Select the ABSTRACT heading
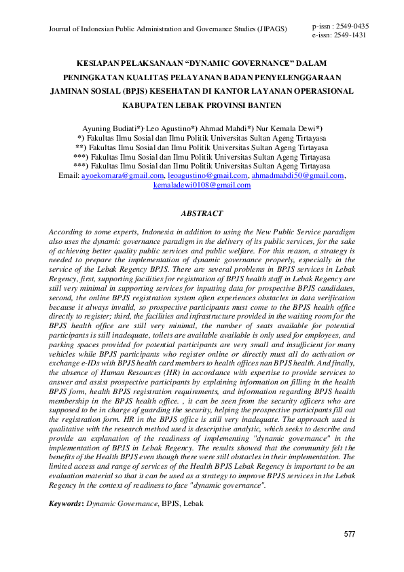tap(202, 213)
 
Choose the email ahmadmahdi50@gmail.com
tap(298, 175)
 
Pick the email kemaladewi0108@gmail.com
tap(202, 185)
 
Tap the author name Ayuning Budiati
tap(109, 128)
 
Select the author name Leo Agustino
tap(170, 128)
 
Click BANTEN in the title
tap(259, 106)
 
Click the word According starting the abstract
tap(67, 232)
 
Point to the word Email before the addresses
tap(69, 175)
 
